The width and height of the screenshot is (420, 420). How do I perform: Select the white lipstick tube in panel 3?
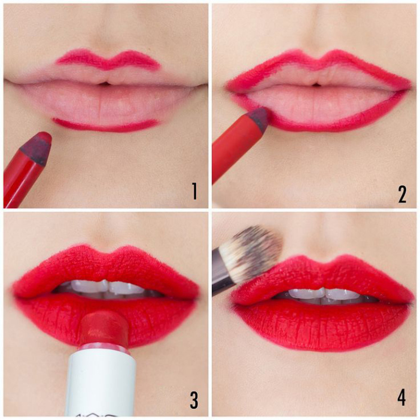101,383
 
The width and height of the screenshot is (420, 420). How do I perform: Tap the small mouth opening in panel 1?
105,83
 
